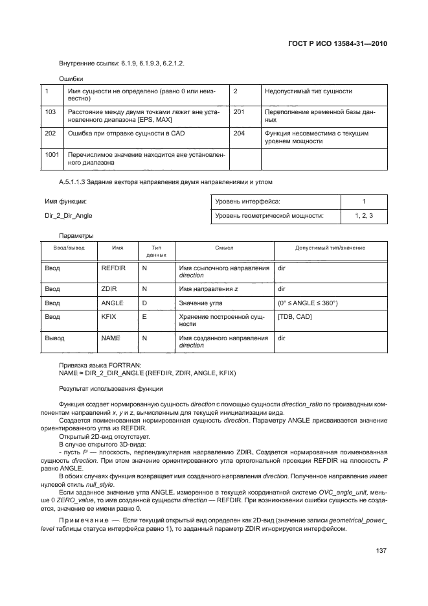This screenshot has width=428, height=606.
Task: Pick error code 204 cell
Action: pos(239,134)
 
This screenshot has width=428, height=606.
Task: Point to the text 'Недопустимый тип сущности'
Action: pos(308,91)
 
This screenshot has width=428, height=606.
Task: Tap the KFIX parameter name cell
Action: pos(109,317)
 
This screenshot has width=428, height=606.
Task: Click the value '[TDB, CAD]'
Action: pos(295,317)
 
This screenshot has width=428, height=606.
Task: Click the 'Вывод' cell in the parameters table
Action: pos(54,338)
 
